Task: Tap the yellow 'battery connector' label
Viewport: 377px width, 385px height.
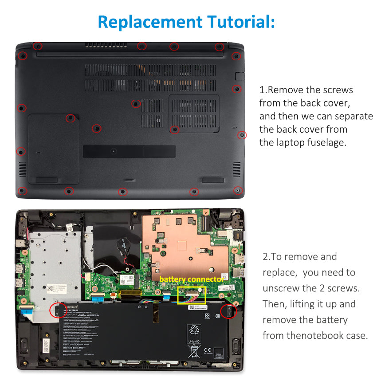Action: pyautogui.click(x=191, y=279)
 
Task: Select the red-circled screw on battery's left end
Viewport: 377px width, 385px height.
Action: pyautogui.click(x=58, y=310)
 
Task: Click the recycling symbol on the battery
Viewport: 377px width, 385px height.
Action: pyautogui.click(x=195, y=330)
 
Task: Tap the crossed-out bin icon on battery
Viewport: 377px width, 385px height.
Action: pyautogui.click(x=194, y=351)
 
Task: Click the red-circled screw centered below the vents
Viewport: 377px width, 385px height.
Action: pyautogui.click(x=136, y=104)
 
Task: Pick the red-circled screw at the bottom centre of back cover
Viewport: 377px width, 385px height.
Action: pyautogui.click(x=123, y=192)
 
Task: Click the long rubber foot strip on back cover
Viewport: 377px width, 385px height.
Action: pyautogui.click(x=129, y=151)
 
